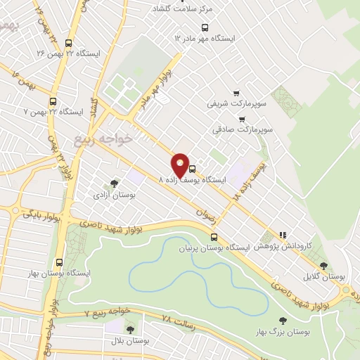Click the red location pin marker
coord(181,165)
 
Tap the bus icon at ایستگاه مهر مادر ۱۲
coord(205,27)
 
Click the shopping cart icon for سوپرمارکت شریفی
coord(236,93)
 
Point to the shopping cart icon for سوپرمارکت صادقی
coord(223,119)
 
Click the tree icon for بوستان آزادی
coord(115,184)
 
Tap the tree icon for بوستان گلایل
coord(323,266)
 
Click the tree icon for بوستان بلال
coord(129,329)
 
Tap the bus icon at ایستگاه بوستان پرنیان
coord(214,237)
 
